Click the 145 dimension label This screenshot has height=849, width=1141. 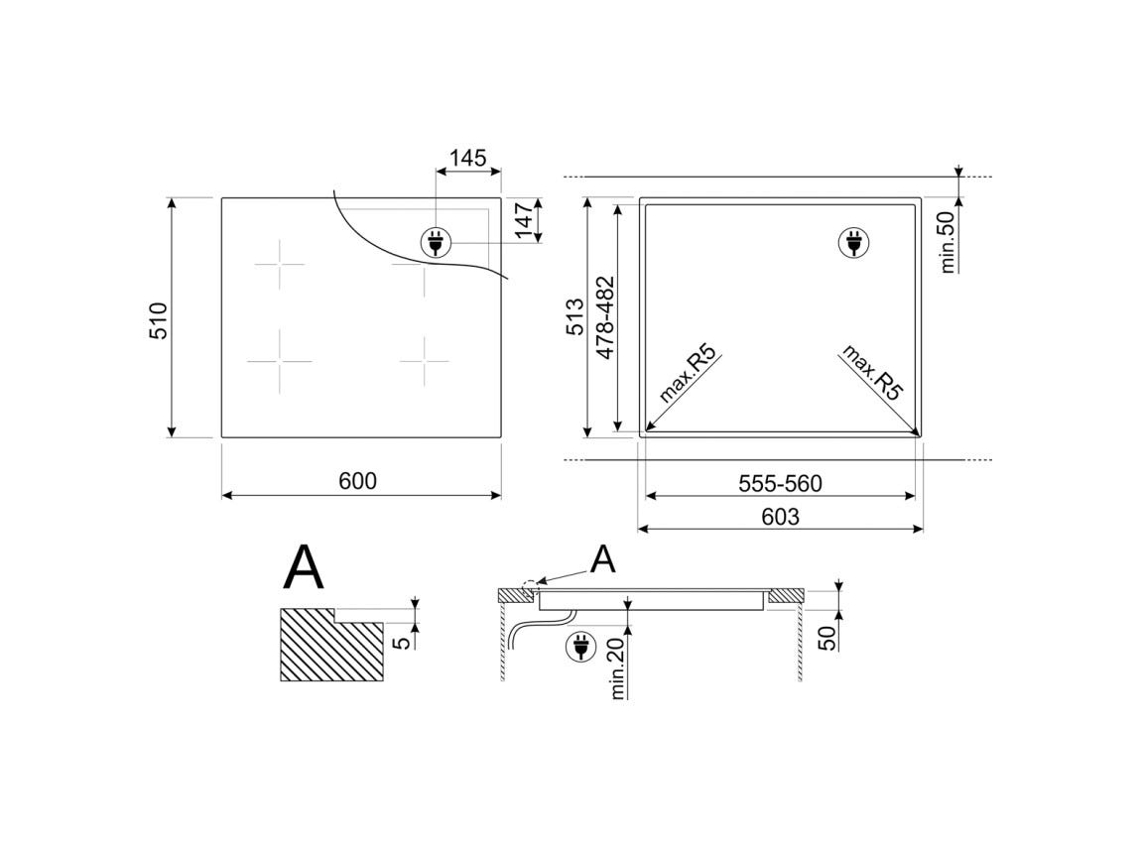click(x=468, y=157)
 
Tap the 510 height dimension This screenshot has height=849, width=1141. click(x=159, y=319)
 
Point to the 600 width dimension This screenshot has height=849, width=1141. click(x=358, y=480)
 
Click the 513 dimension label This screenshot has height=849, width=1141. click(x=574, y=315)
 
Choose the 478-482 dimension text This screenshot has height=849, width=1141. click(x=605, y=317)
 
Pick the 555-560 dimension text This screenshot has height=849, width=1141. click(x=780, y=483)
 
